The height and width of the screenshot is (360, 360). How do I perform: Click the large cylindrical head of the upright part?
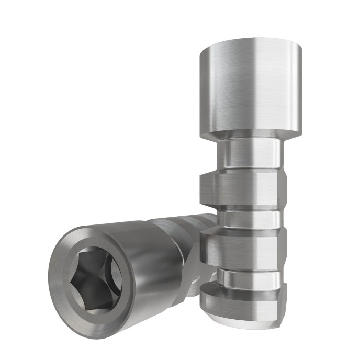point(251,84)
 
